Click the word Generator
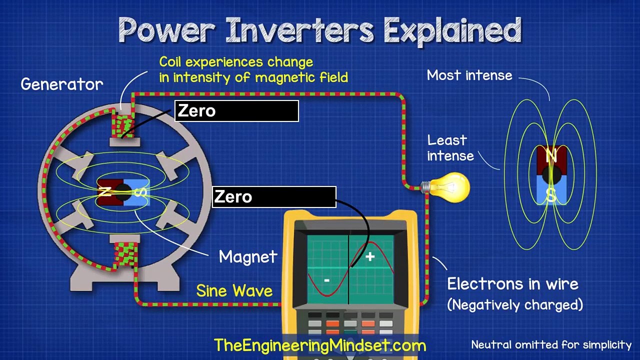62,84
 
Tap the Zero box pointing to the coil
236,111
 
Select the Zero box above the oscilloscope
274,196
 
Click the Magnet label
248,257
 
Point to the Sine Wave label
234,291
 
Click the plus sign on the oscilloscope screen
370,257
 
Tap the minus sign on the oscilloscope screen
326,280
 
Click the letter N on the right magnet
551,156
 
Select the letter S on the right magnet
550,195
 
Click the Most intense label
469,75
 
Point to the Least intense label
450,148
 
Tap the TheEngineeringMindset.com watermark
320,345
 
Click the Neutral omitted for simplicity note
551,344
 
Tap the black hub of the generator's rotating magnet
123,191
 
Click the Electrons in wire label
512,284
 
